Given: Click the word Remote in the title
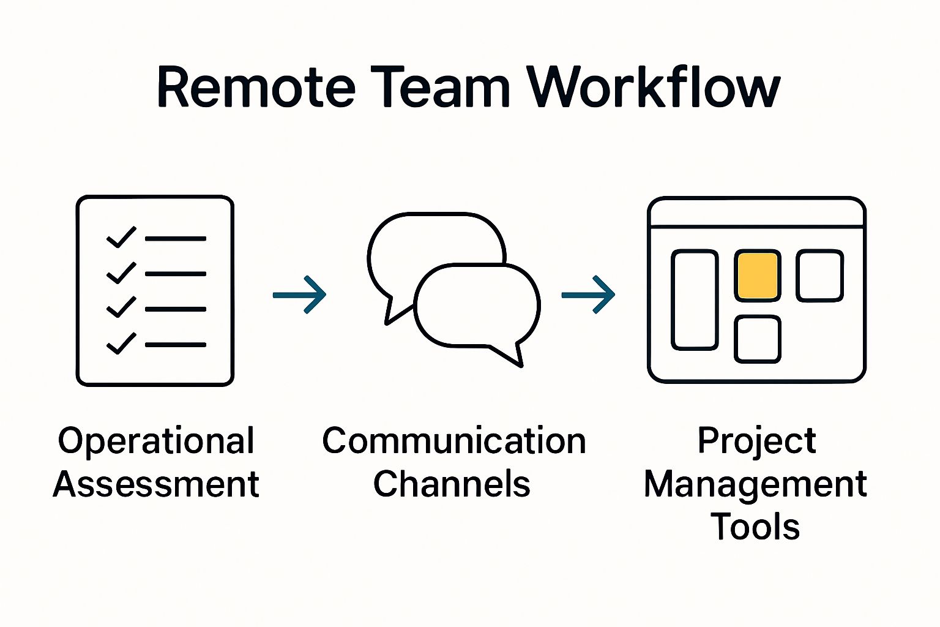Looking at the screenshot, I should pyautogui.click(x=256, y=87).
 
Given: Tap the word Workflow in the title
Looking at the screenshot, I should pyautogui.click(x=654, y=87).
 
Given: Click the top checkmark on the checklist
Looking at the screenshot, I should pyautogui.click(x=121, y=237).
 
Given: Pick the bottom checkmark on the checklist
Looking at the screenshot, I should pyautogui.click(x=121, y=344).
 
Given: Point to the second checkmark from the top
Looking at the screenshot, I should pyautogui.click(x=121, y=272).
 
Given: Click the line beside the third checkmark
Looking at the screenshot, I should pyautogui.click(x=176, y=309).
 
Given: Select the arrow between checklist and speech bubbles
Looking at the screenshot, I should pyautogui.click(x=300, y=295).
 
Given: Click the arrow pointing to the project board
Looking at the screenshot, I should pyautogui.click(x=588, y=295).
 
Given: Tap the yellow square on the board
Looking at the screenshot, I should pyautogui.click(x=758, y=276).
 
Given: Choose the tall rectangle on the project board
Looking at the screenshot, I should pyautogui.click(x=695, y=300).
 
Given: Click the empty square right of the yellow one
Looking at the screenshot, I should pyautogui.click(x=820, y=276).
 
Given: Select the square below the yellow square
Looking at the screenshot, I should pyautogui.click(x=758, y=339).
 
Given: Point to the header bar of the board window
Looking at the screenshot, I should pyautogui.click(x=756, y=213).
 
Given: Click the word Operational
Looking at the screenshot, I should pyautogui.click(x=156, y=441).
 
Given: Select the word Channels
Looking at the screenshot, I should pyautogui.click(x=452, y=484).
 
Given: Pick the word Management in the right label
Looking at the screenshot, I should pyautogui.click(x=755, y=485).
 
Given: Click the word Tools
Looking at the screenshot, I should pyautogui.click(x=755, y=527).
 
